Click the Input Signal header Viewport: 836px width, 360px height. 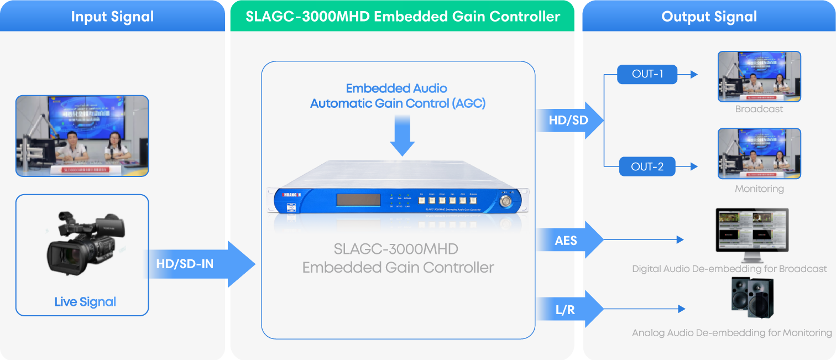pyautogui.click(x=112, y=17)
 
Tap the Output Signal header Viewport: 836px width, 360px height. pyautogui.click(x=709, y=17)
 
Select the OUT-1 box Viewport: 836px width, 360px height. pyautogui.click(x=647, y=74)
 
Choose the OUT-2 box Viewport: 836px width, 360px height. pyautogui.click(x=647, y=166)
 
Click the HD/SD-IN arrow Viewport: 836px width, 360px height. pyautogui.click(x=199, y=264)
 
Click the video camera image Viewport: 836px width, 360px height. pyautogui.click(x=84, y=244)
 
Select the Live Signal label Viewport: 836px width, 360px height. pyautogui.click(x=85, y=302)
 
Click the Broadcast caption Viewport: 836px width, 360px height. pyautogui.click(x=759, y=109)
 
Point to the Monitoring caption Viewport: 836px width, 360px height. pyautogui.click(x=759, y=189)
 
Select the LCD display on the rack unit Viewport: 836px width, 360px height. pyautogui.click(x=358, y=200)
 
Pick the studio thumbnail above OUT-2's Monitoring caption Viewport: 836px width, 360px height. pyautogui.click(x=759, y=154)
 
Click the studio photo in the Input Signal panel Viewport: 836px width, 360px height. pyautogui.click(x=82, y=135)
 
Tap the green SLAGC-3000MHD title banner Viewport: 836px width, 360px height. pyautogui.click(x=402, y=17)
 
